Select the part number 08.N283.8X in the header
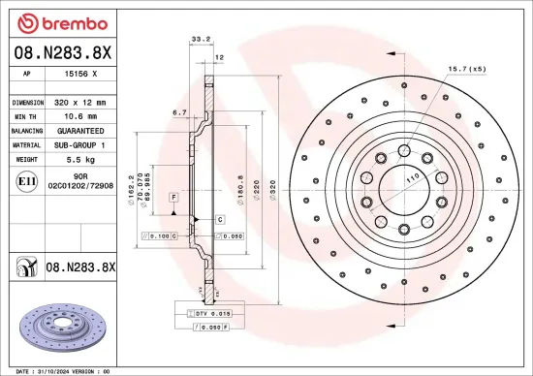click(x=63, y=51)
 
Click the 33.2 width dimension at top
click(x=201, y=41)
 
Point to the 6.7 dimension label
click(x=178, y=113)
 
